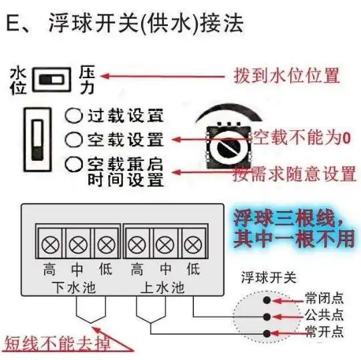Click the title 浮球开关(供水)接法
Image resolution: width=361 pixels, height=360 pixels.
pos(146,23)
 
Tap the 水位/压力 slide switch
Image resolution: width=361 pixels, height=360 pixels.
pos(51,80)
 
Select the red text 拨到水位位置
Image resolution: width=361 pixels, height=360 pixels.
pos(287,75)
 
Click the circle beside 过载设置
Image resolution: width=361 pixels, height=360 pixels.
pos(74,116)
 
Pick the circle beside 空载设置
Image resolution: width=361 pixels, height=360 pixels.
pos(74,140)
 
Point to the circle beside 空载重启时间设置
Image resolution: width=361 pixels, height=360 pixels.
pos(74,164)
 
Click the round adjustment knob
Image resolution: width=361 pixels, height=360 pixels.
pos(229,148)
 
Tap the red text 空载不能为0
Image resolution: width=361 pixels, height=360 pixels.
pos(302,138)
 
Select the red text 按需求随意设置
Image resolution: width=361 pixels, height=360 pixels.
pos(294,174)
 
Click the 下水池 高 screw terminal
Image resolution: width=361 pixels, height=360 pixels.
pos(50,244)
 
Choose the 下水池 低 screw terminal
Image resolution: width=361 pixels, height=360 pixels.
pos(106,244)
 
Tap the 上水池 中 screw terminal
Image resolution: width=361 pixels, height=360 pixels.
pos(165,244)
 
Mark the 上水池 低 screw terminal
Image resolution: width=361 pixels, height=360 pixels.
pos(193,244)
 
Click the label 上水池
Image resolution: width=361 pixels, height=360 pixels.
pos(162,288)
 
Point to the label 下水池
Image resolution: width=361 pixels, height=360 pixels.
pos(74,288)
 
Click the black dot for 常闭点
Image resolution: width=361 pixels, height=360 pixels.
pos(267,300)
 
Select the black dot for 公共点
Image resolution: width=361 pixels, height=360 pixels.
pos(267,317)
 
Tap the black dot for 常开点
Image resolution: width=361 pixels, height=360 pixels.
pos(267,333)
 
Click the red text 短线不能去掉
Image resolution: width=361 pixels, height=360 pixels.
pos(57,343)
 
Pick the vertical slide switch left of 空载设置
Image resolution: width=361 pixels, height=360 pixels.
pos(37,140)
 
